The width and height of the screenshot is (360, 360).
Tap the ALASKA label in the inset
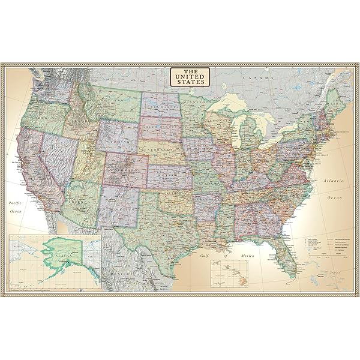(x=62, y=254)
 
